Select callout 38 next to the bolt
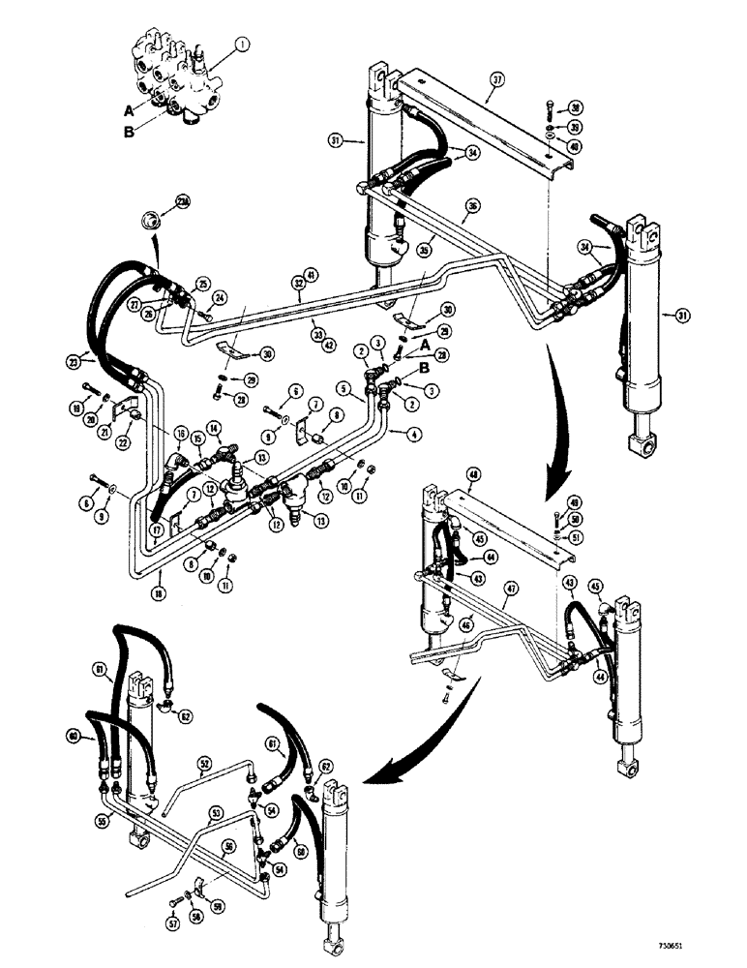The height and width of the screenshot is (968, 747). (575, 107)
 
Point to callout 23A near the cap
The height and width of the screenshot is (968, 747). (182, 201)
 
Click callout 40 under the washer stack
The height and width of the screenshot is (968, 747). (575, 146)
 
